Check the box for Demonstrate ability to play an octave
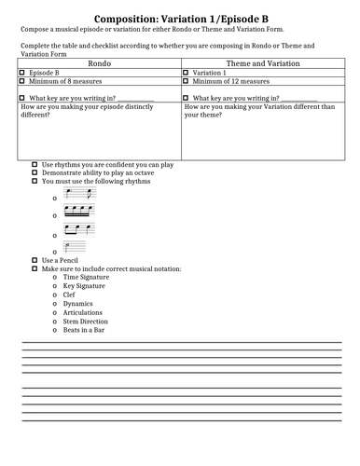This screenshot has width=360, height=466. point(35,172)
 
